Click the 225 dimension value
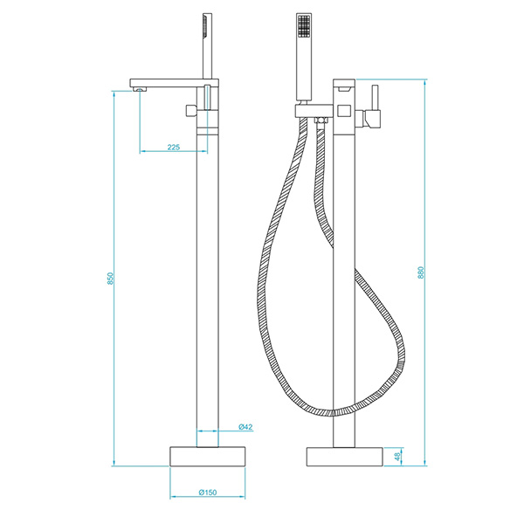(174, 147)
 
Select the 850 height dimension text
(111, 279)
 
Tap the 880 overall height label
(421, 272)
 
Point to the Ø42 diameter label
(245, 427)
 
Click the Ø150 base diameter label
(208, 493)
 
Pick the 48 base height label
(397, 457)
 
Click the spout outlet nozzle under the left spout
(141, 89)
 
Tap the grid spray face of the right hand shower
(304, 25)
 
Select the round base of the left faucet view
(208, 456)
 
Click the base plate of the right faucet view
(345, 457)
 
